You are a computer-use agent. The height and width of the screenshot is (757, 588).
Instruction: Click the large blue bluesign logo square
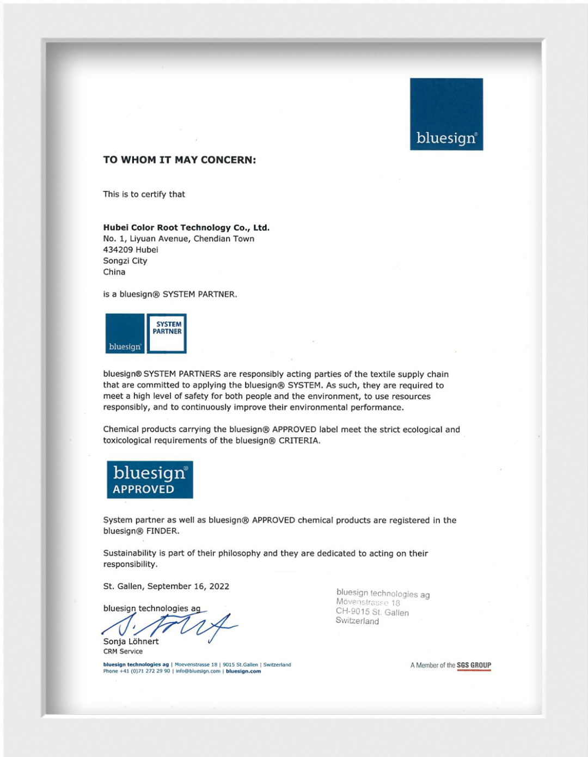446,114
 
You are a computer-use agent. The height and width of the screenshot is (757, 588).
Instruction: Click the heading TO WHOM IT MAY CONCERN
179,160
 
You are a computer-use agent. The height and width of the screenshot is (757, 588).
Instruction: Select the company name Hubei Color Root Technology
186,228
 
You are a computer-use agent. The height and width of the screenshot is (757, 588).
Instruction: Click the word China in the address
114,272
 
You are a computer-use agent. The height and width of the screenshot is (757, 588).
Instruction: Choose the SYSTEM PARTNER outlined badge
167,333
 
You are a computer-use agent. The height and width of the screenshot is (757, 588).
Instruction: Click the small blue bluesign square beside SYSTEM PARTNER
125,333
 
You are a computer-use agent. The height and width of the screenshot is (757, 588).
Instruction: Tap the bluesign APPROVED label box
150,480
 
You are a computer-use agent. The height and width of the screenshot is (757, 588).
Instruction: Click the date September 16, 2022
188,587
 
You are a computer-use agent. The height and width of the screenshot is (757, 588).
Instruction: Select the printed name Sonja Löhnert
131,642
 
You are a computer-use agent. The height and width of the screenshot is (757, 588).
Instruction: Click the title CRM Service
123,651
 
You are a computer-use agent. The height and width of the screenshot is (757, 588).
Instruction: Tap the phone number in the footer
137,671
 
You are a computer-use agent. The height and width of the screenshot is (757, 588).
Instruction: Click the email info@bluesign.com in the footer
198,671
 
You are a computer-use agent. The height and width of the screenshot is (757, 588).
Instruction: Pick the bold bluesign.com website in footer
243,671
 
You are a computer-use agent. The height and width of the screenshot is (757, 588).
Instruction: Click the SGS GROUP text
474,665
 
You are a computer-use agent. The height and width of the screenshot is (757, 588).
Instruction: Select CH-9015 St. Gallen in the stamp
372,612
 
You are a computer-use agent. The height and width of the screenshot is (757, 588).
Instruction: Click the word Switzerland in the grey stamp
357,621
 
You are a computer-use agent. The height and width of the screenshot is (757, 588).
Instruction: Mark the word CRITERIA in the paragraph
298,441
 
